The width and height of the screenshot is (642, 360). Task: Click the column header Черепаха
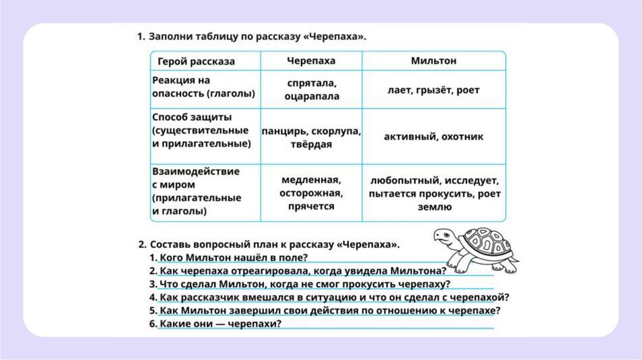pyautogui.click(x=311, y=61)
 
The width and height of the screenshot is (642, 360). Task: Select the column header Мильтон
pyautogui.click(x=433, y=61)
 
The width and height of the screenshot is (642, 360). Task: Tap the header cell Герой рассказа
pyautogui.click(x=196, y=61)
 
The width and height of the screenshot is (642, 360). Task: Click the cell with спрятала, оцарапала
pyautogui.click(x=312, y=90)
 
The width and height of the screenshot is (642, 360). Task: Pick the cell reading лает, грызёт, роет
pyautogui.click(x=433, y=90)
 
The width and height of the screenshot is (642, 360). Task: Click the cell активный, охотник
pyautogui.click(x=433, y=136)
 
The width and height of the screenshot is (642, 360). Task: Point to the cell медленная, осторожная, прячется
pyautogui.click(x=312, y=192)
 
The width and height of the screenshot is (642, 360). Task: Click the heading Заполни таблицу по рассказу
pyautogui.click(x=251, y=36)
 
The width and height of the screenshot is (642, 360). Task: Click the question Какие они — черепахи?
pyautogui.click(x=219, y=324)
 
